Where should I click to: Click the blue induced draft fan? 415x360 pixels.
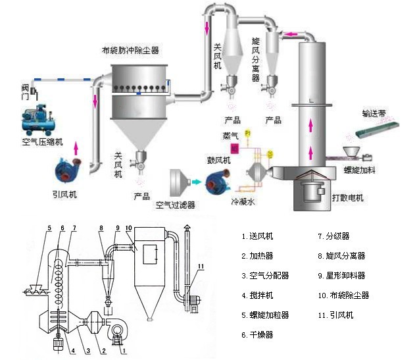point(68,168)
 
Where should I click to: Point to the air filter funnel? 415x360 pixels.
point(179,182)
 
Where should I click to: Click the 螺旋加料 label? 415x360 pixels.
point(360,170)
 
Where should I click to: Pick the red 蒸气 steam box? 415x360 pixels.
point(234,147)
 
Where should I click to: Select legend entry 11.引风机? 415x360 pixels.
point(335,315)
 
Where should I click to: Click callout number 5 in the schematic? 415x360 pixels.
point(49,228)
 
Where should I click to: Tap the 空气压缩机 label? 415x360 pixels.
point(42,141)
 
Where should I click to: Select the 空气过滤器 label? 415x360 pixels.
point(176,205)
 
